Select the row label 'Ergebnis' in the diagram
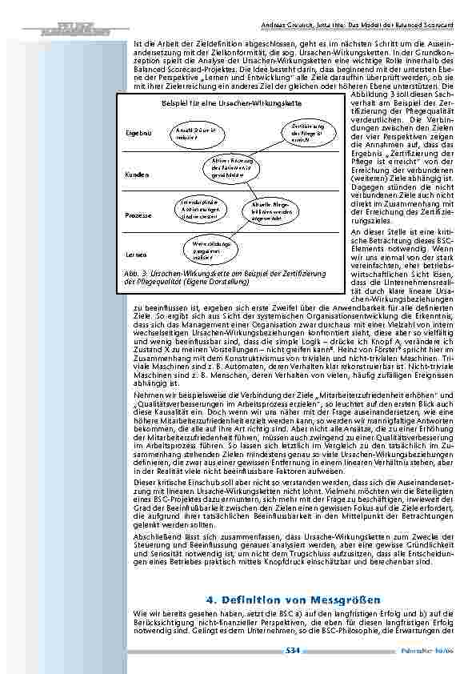click(x=138, y=132)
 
